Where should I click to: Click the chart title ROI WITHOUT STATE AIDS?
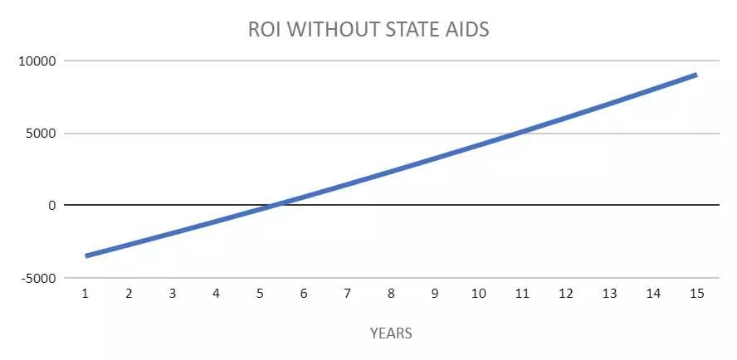(x=368, y=29)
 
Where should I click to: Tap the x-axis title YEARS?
(x=391, y=333)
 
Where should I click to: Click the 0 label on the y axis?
(x=51, y=206)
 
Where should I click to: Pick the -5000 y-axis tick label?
(x=37, y=278)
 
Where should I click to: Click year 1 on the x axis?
(x=85, y=294)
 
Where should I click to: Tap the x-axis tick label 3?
(x=173, y=294)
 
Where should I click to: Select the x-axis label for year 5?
(x=260, y=294)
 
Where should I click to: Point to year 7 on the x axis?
(x=348, y=294)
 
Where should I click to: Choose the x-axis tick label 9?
(x=435, y=294)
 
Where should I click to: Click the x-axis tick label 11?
(x=522, y=294)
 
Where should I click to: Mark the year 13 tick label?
(x=610, y=294)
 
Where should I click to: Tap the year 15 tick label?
(x=697, y=294)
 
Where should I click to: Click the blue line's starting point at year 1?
(x=85, y=256)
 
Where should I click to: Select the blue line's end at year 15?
(x=696, y=75)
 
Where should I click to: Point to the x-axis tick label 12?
(x=566, y=294)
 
